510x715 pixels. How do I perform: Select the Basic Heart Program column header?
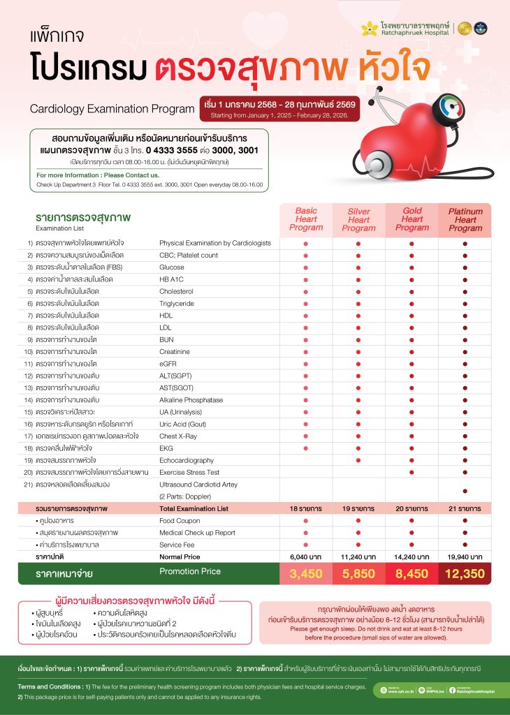(305, 219)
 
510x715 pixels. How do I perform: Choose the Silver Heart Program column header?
(358, 219)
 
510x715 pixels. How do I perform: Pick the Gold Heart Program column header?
(411, 219)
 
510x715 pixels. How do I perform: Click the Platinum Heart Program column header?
(465, 219)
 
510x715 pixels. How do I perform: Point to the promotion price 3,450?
(305, 574)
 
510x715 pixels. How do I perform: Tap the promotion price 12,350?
(465, 574)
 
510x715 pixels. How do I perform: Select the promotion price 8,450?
(411, 574)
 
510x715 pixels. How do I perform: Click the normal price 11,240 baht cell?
(358, 556)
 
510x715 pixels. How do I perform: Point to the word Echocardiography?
(187, 460)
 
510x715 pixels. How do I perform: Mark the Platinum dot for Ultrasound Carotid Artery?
(465, 490)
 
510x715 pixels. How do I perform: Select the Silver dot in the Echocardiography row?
(358, 460)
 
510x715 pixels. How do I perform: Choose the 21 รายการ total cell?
(465, 509)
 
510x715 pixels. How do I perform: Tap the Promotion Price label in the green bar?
(190, 572)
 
